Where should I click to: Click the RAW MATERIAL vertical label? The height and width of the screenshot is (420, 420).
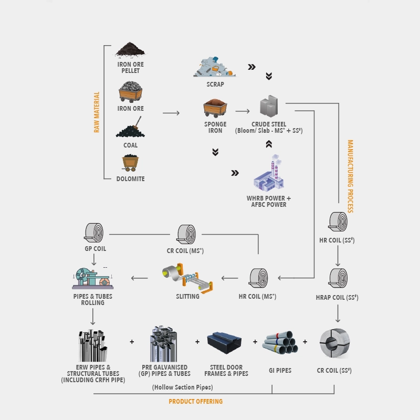pos(97,112)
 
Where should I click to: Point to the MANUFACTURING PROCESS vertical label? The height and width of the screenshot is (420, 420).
pos(350,176)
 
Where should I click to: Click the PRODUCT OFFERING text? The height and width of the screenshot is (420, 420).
pos(195,402)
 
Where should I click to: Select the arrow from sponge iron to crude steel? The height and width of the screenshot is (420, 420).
pos(242,111)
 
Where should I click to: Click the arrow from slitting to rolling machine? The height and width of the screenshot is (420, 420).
pos(139,278)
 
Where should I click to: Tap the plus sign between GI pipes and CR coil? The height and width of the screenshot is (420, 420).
pos(305,342)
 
